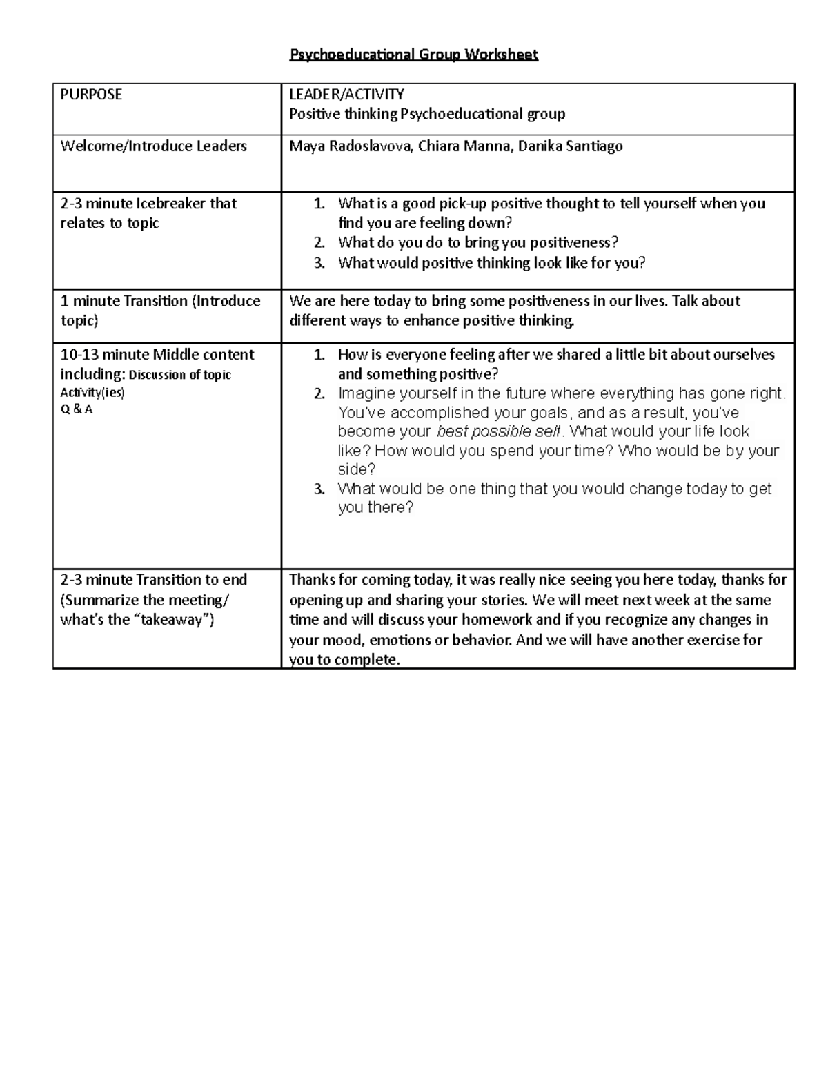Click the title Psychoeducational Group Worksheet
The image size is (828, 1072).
(x=413, y=55)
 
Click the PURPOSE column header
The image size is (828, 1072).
(x=91, y=95)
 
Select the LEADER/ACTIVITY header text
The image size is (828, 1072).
(x=346, y=95)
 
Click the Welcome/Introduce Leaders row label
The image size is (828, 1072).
(x=153, y=146)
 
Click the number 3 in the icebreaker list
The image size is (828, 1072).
(x=318, y=263)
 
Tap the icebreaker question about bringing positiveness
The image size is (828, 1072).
(x=477, y=242)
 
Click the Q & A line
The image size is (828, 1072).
(x=76, y=409)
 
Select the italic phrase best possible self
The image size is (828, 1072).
(x=500, y=432)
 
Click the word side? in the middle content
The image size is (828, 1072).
(x=356, y=469)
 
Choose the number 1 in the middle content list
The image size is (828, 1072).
(x=318, y=355)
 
